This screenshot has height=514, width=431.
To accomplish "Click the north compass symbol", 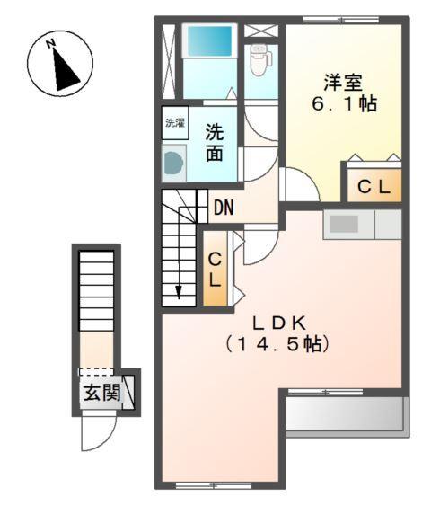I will [60, 61].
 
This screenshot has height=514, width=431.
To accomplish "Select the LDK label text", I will [280, 321].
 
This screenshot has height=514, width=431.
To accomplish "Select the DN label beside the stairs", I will [224, 208].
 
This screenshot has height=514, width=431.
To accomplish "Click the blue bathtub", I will [207, 42].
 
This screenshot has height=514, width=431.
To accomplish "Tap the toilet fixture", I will [259, 59].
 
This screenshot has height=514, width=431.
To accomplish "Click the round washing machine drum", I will [172, 162].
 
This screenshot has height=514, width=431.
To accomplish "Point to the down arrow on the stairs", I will [179, 289].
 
